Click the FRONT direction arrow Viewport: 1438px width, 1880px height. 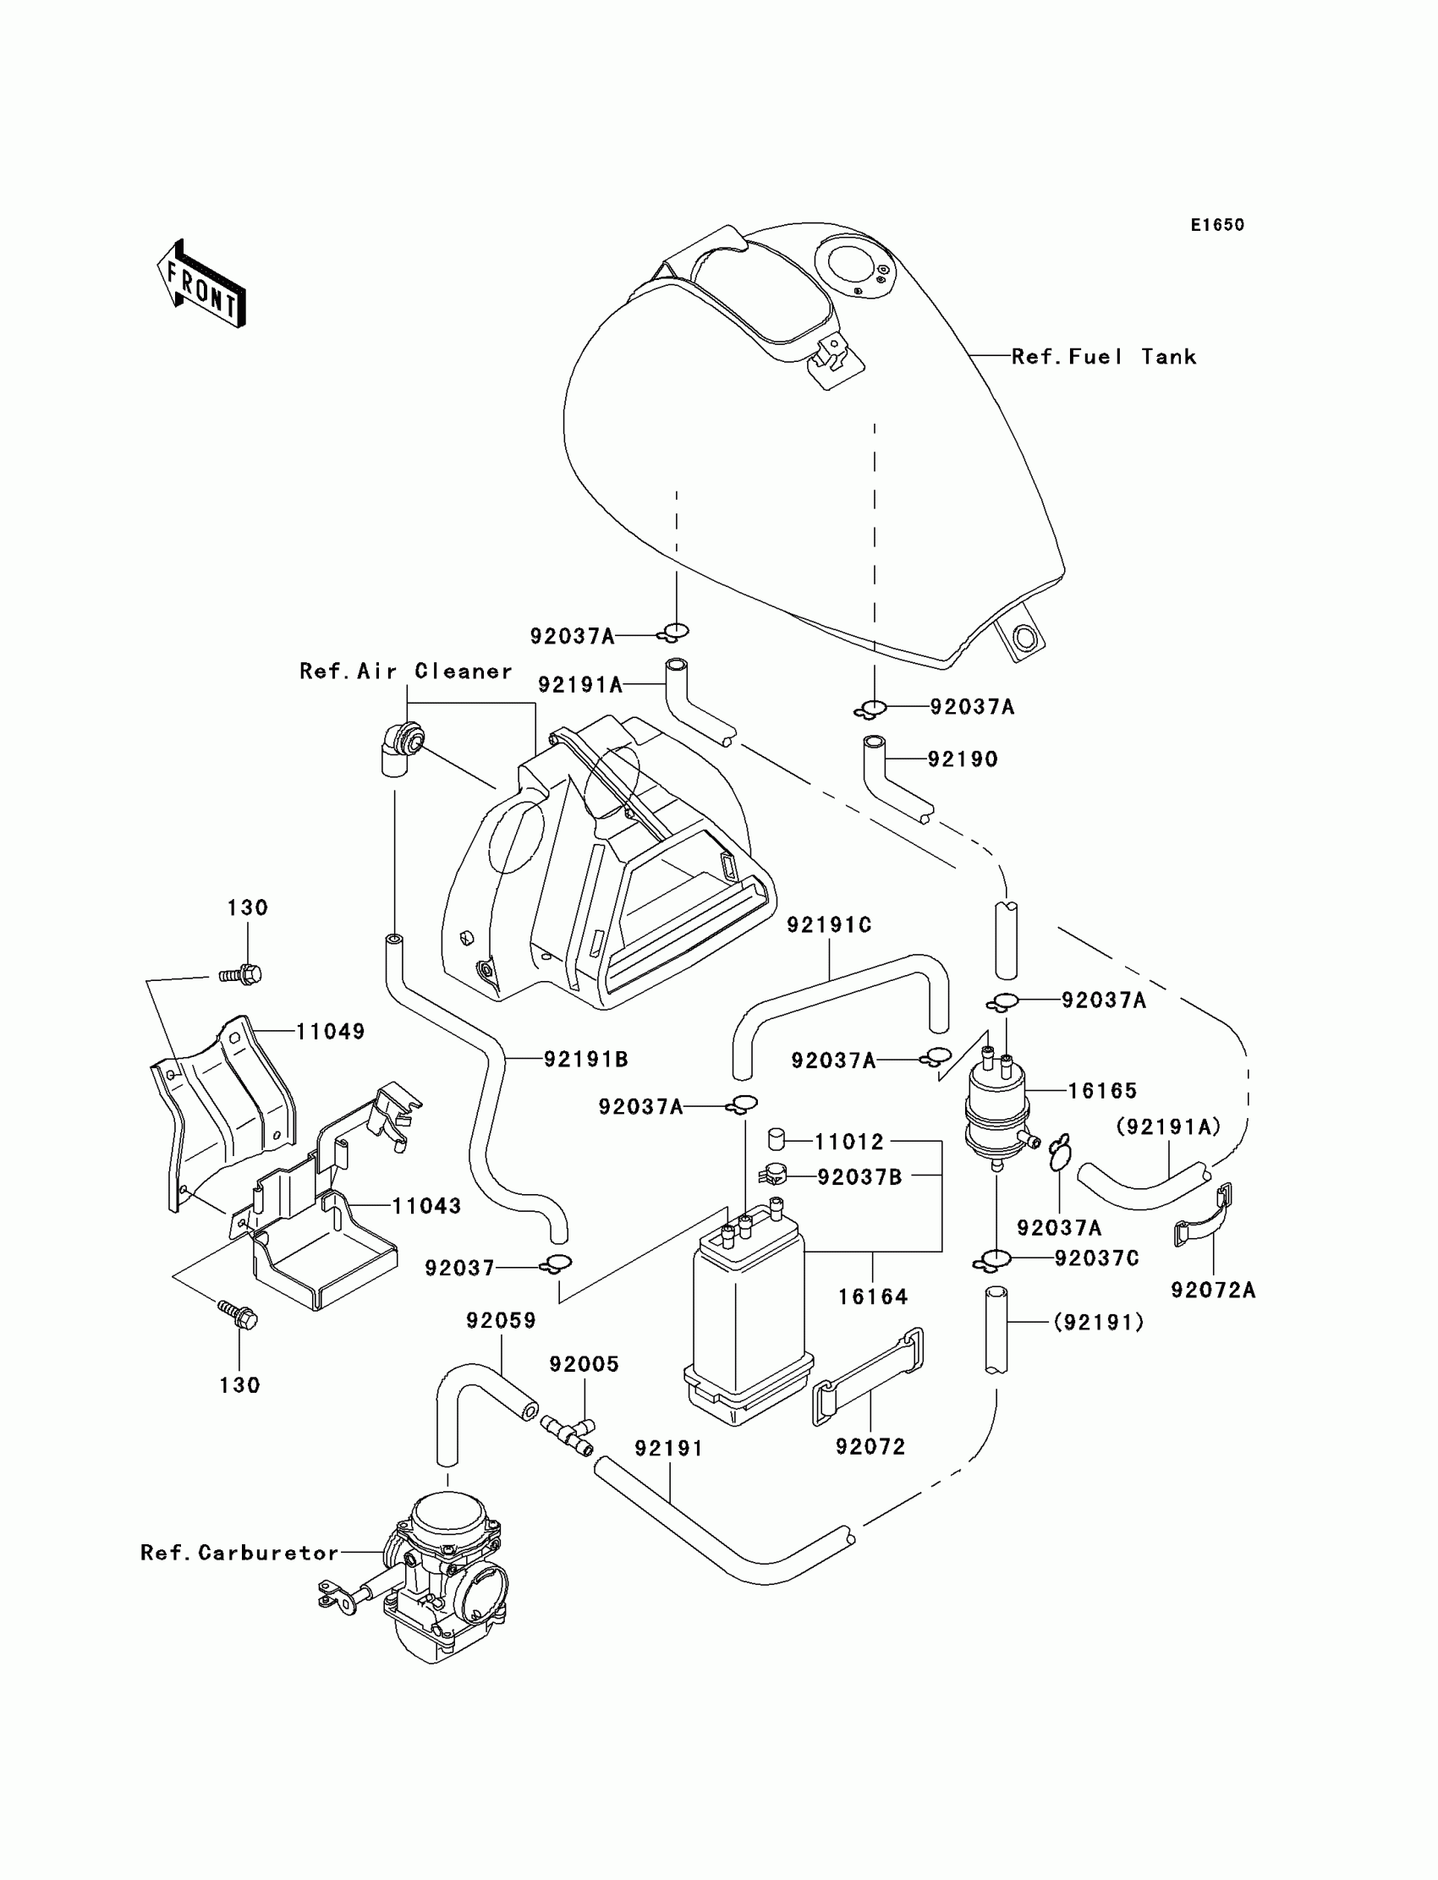coord(201,283)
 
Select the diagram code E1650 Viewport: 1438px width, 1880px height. coord(1217,225)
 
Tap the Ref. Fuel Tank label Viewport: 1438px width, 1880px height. coord(1103,357)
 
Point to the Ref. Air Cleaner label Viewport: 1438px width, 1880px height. coord(406,671)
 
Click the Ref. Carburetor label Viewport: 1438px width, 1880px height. coord(239,1552)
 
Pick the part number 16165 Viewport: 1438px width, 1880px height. coord(1102,1091)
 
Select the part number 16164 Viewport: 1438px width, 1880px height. coord(872,1297)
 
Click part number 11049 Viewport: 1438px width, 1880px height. coord(331,1032)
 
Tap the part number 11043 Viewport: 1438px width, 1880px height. coord(426,1207)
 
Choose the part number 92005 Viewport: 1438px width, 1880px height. coord(584,1364)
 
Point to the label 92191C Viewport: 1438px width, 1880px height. coord(829,925)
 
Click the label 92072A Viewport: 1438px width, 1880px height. coord(1213,1291)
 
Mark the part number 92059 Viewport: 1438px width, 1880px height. coord(501,1320)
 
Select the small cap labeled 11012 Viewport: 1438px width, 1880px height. coord(777,1139)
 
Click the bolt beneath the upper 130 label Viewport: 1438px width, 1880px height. coord(241,973)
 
